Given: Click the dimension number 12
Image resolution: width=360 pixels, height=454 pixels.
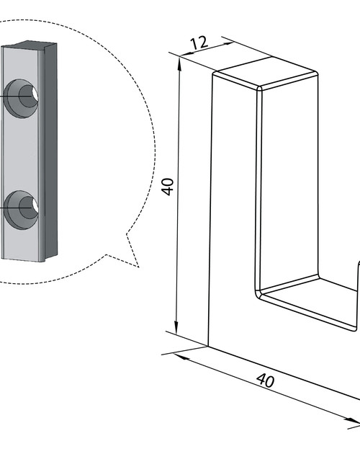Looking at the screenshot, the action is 199,43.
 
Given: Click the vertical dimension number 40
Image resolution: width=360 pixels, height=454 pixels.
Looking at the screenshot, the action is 168,187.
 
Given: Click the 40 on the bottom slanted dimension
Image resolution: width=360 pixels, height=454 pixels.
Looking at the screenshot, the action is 265,380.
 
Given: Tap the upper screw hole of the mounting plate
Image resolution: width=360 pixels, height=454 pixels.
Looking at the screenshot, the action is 22,99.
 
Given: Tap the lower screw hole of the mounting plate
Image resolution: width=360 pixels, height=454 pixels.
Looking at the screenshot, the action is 22,210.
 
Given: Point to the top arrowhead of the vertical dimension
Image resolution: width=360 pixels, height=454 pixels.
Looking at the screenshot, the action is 179,63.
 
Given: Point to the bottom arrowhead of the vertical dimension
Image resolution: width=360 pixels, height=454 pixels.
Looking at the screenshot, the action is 176,326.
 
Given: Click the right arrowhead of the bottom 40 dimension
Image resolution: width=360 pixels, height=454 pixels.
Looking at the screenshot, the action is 353,421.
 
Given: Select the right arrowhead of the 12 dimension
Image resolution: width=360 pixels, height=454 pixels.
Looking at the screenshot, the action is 227,44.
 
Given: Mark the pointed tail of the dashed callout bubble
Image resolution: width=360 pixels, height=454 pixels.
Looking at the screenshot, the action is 138,267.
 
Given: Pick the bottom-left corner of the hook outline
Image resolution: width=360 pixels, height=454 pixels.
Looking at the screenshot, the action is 208,346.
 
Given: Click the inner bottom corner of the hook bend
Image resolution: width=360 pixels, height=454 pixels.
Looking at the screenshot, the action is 260,292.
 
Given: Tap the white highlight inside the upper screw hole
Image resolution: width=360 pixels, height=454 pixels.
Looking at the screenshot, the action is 35,94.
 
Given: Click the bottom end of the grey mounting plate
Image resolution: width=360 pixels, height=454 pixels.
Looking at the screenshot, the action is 23,259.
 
